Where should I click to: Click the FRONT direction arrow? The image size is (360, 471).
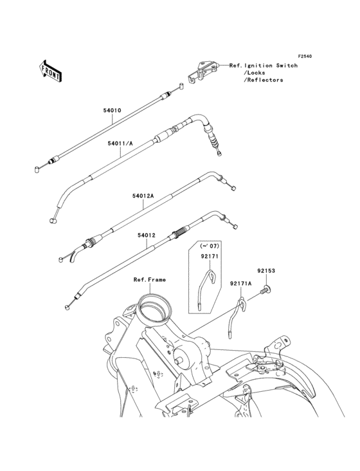(50, 71)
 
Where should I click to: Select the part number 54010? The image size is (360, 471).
(113, 110)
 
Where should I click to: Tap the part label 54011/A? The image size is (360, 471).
(120, 143)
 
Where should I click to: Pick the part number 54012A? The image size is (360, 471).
(143, 196)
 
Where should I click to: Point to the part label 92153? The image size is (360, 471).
(265, 271)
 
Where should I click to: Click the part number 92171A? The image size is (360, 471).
(241, 283)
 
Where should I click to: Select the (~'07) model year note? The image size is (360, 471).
(210, 246)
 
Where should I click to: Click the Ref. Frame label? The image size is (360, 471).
(150, 280)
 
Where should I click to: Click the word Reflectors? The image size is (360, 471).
(265, 80)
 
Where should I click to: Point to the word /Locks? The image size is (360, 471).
(254, 73)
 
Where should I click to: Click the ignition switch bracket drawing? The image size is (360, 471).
(201, 72)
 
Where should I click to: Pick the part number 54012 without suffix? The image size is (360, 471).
(147, 235)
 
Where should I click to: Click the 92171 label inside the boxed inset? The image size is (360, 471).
(210, 256)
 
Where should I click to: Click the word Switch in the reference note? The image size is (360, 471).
(287, 66)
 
